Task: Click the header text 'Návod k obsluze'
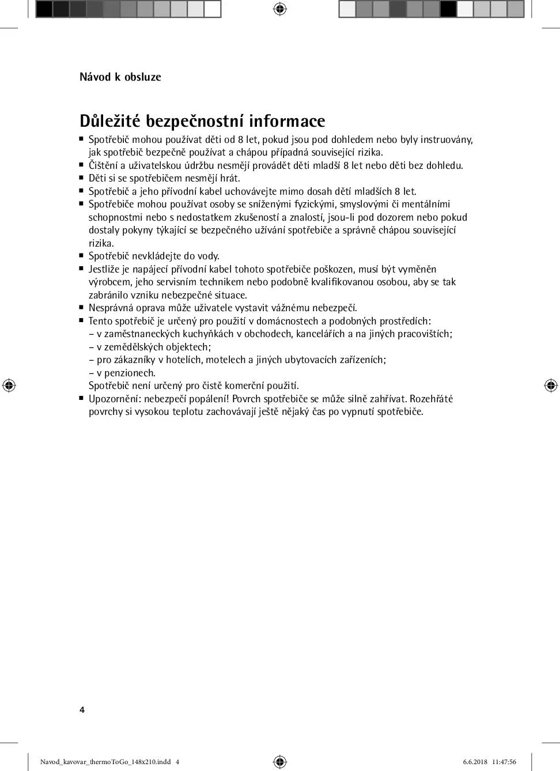120,77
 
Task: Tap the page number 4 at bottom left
82,710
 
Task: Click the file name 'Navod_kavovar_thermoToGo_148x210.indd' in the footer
105,762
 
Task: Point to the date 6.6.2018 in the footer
475,762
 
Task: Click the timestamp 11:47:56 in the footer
504,762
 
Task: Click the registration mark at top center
280,9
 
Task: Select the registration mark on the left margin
9,385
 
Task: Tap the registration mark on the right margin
551,385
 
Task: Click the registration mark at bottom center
280,762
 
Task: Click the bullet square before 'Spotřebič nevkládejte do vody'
82,255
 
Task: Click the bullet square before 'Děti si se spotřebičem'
82,177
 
